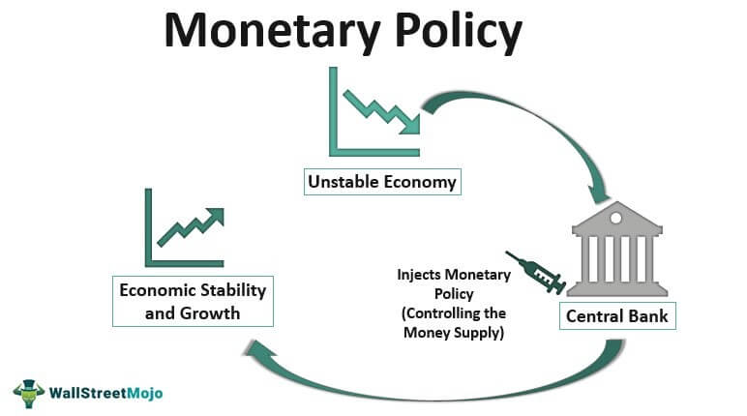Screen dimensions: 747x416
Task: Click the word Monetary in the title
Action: click(x=272, y=32)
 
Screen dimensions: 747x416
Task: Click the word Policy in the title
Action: click(x=459, y=32)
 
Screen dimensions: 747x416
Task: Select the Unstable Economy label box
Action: click(x=382, y=182)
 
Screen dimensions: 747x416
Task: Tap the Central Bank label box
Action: click(x=617, y=316)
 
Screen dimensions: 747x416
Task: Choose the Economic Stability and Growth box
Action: click(x=193, y=301)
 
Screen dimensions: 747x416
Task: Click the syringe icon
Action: click(x=536, y=272)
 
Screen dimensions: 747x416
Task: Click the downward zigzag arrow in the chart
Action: click(x=381, y=111)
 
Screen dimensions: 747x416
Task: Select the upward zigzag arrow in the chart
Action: click(x=191, y=226)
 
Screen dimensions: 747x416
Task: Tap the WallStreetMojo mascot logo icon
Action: click(x=29, y=394)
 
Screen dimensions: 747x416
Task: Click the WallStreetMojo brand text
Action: click(x=105, y=393)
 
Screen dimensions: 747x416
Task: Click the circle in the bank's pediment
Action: click(x=616, y=218)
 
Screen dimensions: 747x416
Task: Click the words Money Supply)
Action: click(x=454, y=332)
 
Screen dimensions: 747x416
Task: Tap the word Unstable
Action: click(x=344, y=182)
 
